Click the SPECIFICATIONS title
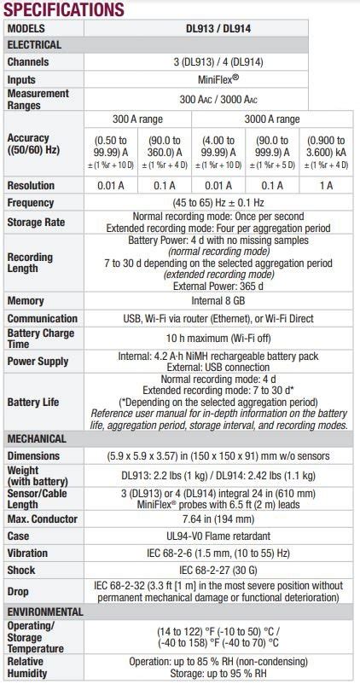pos(64,10)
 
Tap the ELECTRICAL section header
pos(35,44)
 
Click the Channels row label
pos(29,62)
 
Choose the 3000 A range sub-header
pos(271,119)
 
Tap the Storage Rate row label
pos(37,222)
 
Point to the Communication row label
pos(43,319)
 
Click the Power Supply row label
pos(39,361)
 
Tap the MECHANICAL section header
pos(38,438)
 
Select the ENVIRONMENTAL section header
pos(45,612)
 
